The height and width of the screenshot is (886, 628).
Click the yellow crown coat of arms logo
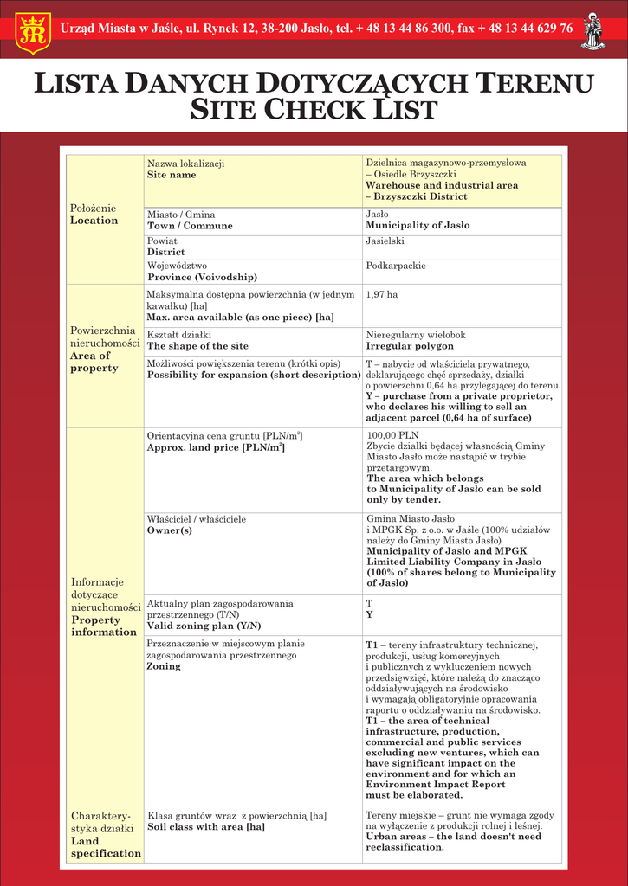pos(34,30)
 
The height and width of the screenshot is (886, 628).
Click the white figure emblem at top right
pos(593,30)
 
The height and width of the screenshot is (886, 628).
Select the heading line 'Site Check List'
pos(314,110)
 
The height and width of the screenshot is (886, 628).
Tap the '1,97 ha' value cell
pos(382,295)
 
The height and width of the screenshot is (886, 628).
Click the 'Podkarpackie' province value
pos(396,266)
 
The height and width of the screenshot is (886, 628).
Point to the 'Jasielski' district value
pos(385,241)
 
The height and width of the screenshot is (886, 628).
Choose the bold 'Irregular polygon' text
pos(409,346)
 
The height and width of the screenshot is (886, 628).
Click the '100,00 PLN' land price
pos(392,435)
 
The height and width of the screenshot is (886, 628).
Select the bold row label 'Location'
pos(94,221)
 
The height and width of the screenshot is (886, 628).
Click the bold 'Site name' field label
pos(172,175)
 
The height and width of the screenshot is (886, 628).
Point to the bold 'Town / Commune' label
pos(190,226)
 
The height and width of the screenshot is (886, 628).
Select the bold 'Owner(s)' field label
pos(170,530)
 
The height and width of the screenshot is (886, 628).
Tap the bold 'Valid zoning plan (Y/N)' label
pos(204,626)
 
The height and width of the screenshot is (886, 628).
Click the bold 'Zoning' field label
pos(164,667)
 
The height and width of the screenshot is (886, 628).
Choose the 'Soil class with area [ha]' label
pos(205,827)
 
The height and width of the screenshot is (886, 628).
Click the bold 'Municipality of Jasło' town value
pos(418,226)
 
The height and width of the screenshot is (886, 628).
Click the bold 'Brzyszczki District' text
pos(416,196)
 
